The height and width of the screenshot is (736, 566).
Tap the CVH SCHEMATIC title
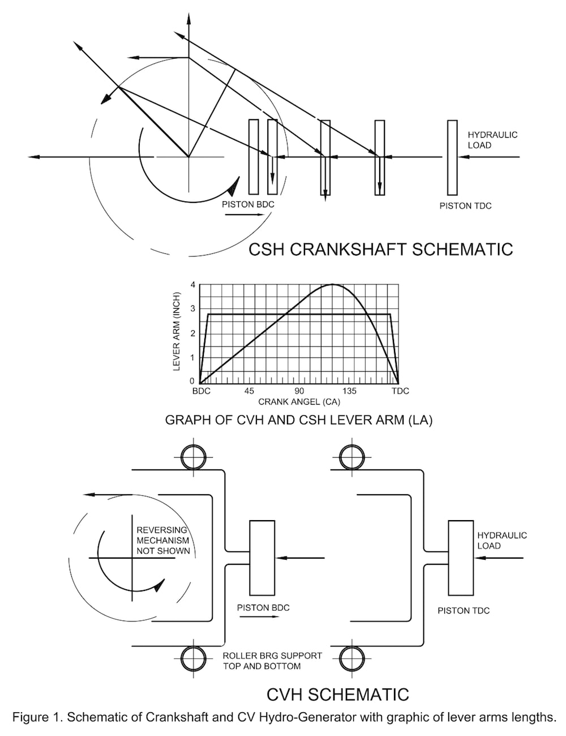pos(337,694)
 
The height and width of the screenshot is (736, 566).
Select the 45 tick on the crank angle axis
pos(249,391)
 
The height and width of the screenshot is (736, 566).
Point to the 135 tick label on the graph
pos(349,391)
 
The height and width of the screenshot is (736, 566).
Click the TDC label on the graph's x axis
pos(400,391)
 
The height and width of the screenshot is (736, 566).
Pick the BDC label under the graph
pos(201,391)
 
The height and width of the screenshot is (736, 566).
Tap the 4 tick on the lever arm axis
pos(192,284)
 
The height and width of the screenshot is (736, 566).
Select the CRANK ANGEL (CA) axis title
pos(299,402)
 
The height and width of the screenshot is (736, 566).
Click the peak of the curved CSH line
pos(332,284)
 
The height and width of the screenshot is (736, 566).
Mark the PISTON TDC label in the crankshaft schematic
pos(465,206)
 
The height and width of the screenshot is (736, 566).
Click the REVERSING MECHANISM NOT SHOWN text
pos(163,541)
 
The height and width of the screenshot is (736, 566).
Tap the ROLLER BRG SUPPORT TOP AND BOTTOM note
pos(272,661)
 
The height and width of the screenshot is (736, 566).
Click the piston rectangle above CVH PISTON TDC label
pos(461,558)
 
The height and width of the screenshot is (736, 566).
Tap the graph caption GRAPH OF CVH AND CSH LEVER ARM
pos(298,420)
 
